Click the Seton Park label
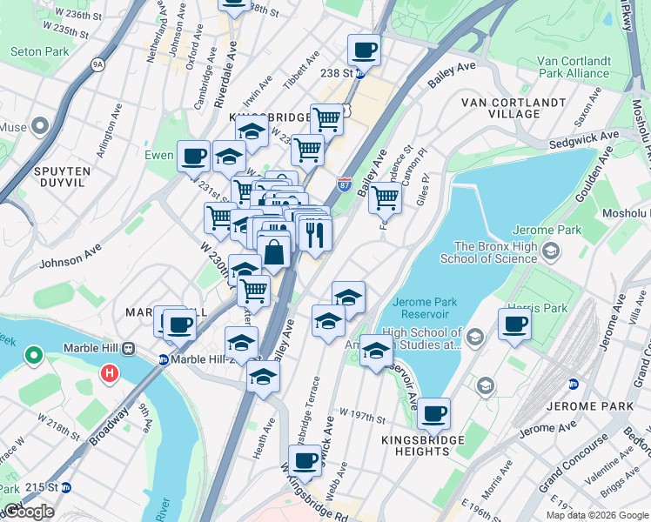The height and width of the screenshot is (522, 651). tap(39, 52)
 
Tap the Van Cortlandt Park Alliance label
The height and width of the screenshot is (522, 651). tap(573, 67)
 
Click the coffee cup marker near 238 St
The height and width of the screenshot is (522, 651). tap(365, 50)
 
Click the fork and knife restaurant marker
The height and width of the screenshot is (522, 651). tap(314, 233)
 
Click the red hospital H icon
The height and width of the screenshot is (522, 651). tap(110, 374)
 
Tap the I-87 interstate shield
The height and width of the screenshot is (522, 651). tap(344, 184)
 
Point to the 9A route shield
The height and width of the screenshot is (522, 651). tap(97, 64)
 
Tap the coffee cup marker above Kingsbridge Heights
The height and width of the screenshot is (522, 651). tap(433, 413)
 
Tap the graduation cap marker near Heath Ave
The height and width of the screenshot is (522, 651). tap(262, 377)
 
